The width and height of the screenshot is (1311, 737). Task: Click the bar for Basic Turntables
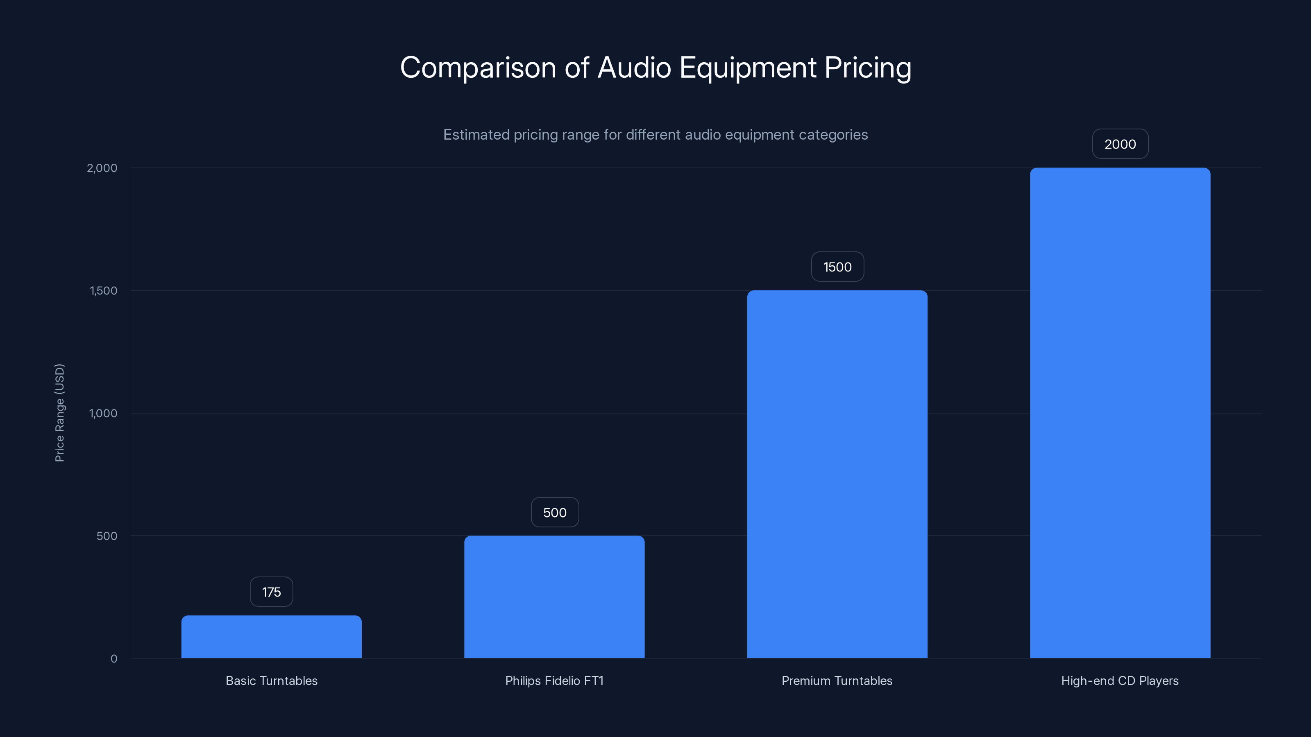(x=271, y=636)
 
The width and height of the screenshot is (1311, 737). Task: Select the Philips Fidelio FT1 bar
(x=554, y=597)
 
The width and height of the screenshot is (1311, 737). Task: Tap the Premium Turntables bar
(x=837, y=474)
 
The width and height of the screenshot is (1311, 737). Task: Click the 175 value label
(x=271, y=592)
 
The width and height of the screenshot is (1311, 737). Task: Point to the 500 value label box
(x=555, y=512)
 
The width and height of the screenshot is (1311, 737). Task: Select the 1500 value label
(x=837, y=267)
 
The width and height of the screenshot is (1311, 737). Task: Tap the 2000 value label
(x=1120, y=144)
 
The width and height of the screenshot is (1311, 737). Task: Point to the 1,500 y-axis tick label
(x=103, y=290)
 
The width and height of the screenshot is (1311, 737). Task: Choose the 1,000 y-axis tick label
(x=103, y=413)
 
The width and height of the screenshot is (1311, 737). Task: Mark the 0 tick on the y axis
(x=114, y=659)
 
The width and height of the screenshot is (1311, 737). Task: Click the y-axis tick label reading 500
(x=107, y=536)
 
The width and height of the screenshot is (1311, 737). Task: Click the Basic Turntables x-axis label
(x=271, y=680)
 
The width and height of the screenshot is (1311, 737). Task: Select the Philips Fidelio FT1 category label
(x=554, y=680)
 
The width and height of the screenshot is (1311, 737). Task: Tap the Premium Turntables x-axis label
(x=837, y=680)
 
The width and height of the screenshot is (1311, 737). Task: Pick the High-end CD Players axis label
(x=1120, y=680)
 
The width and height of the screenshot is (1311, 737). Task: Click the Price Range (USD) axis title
(x=59, y=412)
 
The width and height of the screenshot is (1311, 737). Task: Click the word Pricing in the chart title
(x=868, y=68)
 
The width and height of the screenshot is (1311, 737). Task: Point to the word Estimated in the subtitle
(x=476, y=135)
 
